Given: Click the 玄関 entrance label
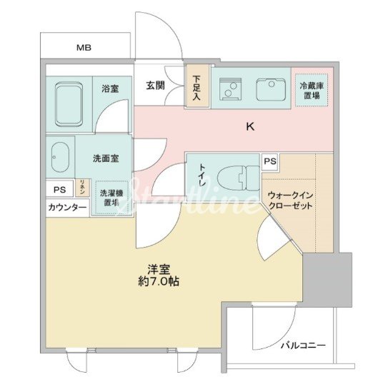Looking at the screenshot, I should click(155, 86).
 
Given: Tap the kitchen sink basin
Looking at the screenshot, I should click(270, 89).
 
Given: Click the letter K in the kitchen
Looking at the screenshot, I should click(250, 127).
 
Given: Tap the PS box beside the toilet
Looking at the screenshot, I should click(270, 161).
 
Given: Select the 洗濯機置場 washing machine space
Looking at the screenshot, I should click(111, 196).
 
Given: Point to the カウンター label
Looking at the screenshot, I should click(67, 207).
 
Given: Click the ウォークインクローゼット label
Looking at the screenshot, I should click(289, 200).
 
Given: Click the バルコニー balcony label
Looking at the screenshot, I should click(302, 346).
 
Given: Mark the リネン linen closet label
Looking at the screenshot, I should click(83, 189).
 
